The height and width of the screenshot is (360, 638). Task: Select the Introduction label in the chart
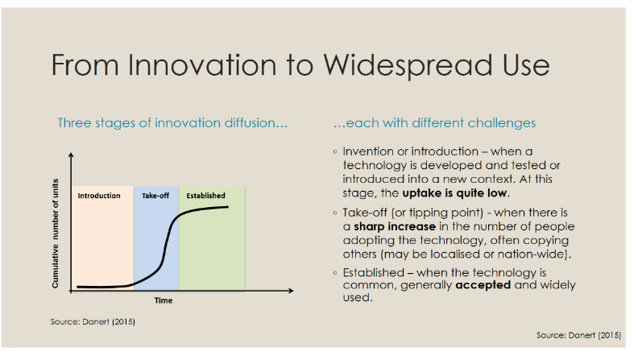pos(99,196)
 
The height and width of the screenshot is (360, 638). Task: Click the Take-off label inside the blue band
pos(155,196)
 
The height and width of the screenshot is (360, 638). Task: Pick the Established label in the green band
pos(205,196)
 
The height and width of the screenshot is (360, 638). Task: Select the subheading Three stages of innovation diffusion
pos(173,123)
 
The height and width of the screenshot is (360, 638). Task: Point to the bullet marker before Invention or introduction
pos(335,151)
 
